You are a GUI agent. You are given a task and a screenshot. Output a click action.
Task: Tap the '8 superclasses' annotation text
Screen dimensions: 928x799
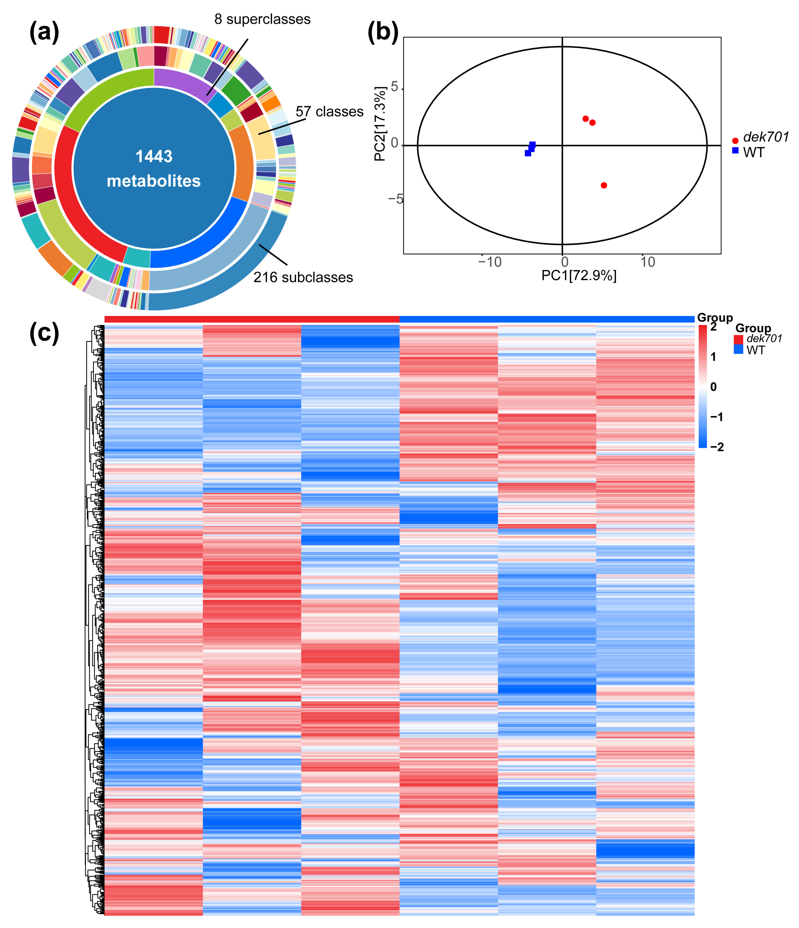coord(262,19)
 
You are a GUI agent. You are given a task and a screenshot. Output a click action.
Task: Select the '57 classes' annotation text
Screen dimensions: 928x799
coord(329,111)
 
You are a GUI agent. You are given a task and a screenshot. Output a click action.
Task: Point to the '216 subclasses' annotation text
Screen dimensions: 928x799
coord(303,277)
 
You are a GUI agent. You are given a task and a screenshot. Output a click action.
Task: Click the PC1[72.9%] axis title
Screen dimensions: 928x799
coord(579,275)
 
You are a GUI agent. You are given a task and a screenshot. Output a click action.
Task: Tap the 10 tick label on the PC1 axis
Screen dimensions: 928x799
coord(647,262)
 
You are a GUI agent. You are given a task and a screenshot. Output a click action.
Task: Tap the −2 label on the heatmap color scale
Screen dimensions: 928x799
coord(716,447)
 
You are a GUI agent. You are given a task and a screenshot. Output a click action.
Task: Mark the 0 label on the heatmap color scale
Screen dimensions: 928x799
coord(713,387)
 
